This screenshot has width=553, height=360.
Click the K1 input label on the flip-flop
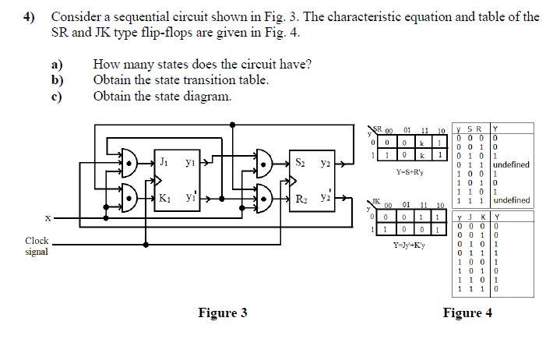[165, 198]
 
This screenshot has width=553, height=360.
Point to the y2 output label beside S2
[326, 164]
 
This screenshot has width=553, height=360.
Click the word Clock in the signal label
[37, 242]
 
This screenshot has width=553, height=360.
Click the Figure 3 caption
[222, 313]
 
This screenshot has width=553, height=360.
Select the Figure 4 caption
[467, 313]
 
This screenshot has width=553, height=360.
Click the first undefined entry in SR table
[511, 164]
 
